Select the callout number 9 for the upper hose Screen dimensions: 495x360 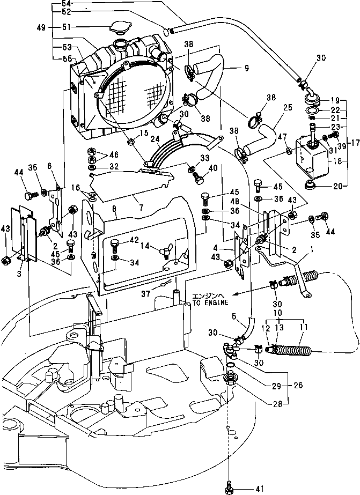point(247,68)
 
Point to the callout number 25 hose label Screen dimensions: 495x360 point(288,108)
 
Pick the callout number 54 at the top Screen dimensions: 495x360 point(66,4)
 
